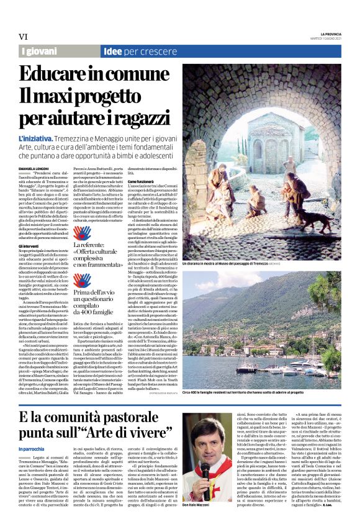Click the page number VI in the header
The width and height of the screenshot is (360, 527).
(23, 37)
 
